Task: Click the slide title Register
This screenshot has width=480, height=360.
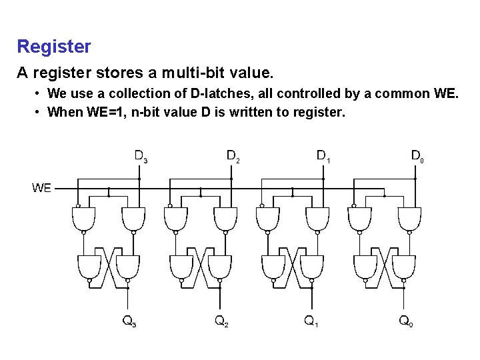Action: point(54,47)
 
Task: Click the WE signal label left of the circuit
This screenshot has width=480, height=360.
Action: point(41,188)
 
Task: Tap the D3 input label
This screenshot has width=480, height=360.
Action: point(141,157)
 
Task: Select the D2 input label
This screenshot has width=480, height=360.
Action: point(233,157)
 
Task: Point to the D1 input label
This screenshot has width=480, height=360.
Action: point(323,157)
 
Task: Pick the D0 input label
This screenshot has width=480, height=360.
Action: point(417,157)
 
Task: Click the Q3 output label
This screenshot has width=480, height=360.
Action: point(129,321)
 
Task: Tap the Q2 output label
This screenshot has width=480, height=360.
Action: point(223,321)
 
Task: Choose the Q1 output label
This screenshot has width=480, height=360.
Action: point(311,321)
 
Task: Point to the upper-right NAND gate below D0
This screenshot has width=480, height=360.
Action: point(409,219)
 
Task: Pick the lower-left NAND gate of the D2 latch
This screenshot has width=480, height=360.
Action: point(181,267)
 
